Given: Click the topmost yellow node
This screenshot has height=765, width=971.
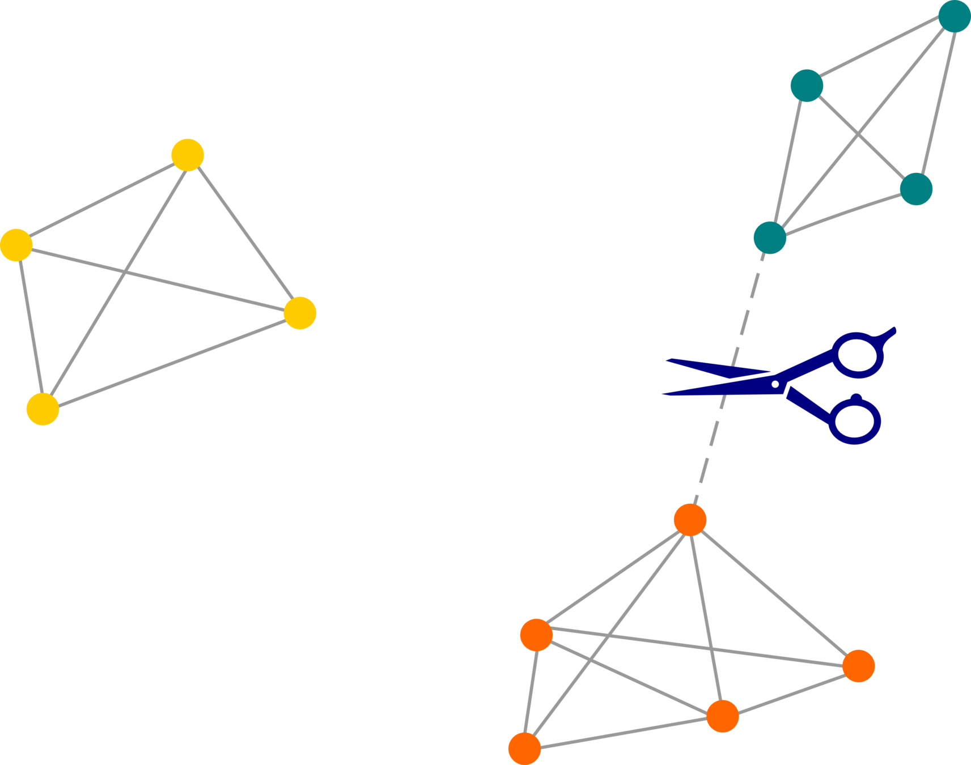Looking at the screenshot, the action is click(188, 155).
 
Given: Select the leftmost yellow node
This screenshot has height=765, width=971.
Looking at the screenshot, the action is click(16, 245).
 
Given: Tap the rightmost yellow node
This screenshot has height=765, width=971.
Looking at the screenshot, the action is click(300, 313).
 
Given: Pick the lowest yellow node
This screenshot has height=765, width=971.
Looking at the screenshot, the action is click(43, 409).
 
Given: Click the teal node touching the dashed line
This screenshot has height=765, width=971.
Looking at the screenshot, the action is click(770, 237).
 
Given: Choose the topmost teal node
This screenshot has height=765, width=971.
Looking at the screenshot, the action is click(955, 16).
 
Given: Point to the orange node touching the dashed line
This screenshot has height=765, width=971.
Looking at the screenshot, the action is click(690, 519).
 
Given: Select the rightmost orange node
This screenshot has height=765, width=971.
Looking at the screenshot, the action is click(859, 666).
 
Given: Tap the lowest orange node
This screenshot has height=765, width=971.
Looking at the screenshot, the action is click(524, 748).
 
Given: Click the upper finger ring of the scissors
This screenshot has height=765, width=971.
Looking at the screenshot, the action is click(859, 355).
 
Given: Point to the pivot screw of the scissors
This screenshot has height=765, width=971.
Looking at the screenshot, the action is click(775, 384).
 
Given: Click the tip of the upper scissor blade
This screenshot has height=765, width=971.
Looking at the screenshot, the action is click(667, 359).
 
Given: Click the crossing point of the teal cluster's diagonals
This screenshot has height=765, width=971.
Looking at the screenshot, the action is click(858, 135).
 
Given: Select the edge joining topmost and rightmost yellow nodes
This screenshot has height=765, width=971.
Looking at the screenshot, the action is click(244, 234).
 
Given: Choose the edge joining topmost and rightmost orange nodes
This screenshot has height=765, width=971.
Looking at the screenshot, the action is click(774, 593).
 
